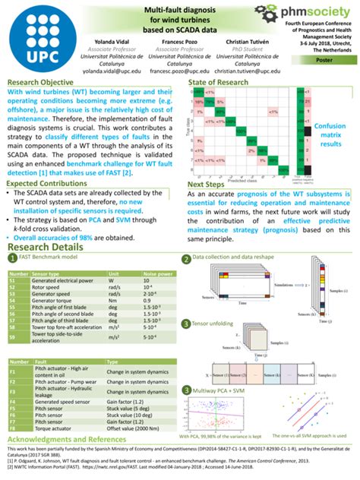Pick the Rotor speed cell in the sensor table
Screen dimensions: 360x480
(x=46, y=286)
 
